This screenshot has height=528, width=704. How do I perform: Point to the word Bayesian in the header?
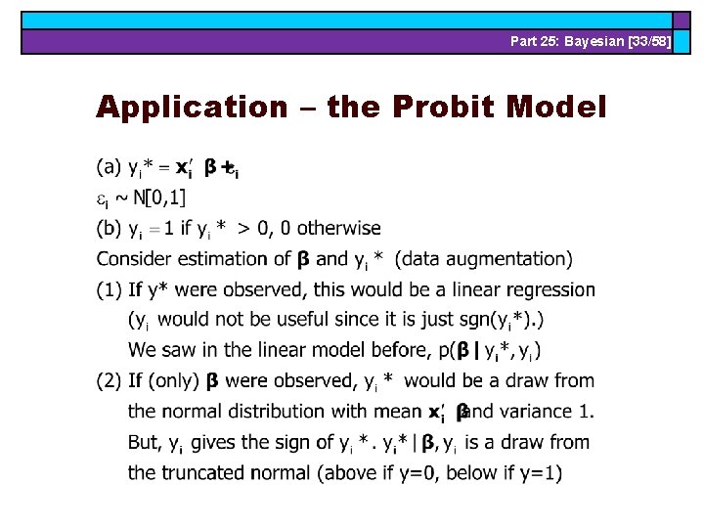coord(597,41)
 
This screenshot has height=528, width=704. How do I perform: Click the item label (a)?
coord(110,167)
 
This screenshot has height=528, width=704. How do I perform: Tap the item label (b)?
coord(110,229)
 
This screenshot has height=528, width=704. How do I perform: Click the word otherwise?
coord(338,229)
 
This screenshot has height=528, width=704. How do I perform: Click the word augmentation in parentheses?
coord(509,259)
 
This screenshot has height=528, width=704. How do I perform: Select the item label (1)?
coord(110,289)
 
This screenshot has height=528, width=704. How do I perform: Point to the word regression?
coord(549,289)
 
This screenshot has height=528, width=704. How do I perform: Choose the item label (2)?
coord(110,380)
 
